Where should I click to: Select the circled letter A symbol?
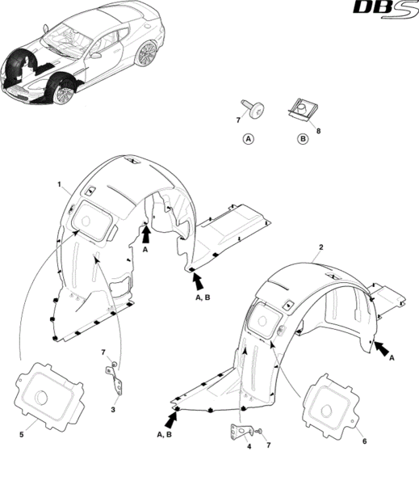click(249, 139)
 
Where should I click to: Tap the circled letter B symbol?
click(303, 139)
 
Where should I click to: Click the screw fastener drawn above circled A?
click(253, 109)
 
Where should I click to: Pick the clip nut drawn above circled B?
click(303, 110)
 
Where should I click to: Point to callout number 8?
click(318, 131)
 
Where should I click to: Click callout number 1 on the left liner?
click(59, 184)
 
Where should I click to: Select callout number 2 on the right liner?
click(321, 247)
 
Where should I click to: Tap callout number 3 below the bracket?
click(113, 410)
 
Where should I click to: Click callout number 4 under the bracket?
click(249, 446)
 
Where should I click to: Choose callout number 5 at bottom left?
click(21, 435)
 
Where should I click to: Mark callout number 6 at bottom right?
click(364, 441)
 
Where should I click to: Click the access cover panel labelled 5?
click(49, 396)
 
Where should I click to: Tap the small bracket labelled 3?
click(115, 381)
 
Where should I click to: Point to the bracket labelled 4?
click(241, 431)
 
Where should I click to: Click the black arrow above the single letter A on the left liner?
click(146, 234)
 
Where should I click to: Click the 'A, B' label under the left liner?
click(203, 297)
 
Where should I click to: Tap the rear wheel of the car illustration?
click(147, 53)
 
